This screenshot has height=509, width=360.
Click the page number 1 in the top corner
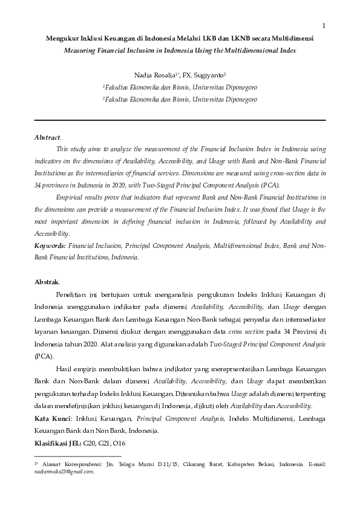324,25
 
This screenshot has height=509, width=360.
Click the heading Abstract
48,137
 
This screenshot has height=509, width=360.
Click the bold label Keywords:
50,247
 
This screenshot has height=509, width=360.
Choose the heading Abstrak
47,281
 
